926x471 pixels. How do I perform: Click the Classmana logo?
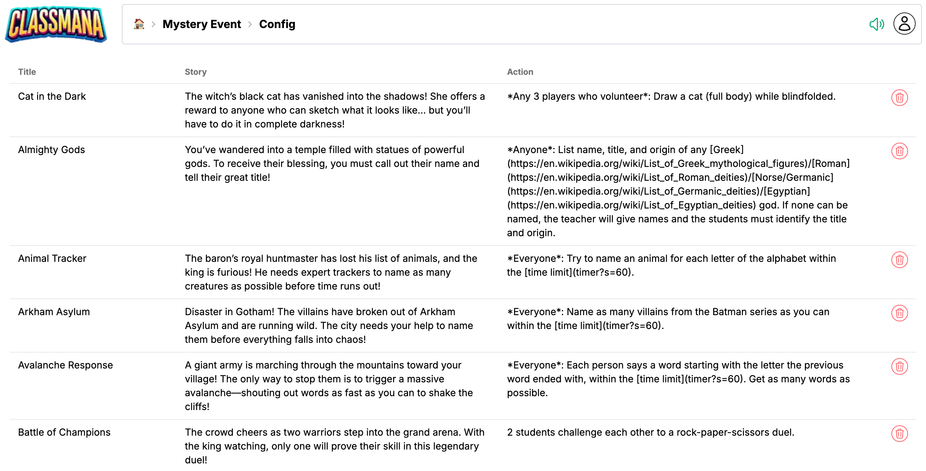tap(56, 25)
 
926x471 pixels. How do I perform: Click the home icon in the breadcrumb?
tap(139, 24)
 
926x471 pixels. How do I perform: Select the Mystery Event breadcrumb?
tap(201, 24)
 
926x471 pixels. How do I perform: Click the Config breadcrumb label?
tap(277, 24)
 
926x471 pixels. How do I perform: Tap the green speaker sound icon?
tap(876, 24)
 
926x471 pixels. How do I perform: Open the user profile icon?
tap(904, 24)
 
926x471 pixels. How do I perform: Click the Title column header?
tap(27, 72)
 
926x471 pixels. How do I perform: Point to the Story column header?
tap(196, 72)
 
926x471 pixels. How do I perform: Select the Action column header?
tap(520, 72)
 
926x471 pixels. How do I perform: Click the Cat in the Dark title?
tap(52, 96)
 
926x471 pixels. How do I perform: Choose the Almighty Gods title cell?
tap(52, 150)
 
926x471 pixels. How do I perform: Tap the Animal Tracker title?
tap(52, 258)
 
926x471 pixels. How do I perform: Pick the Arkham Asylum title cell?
tap(54, 312)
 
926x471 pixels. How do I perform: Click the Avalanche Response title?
tap(65, 365)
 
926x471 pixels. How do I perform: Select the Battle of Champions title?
tap(64, 432)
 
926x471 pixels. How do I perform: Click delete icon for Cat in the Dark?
tap(899, 98)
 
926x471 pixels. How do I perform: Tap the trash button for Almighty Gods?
tap(899, 151)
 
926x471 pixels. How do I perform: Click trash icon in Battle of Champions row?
tap(899, 434)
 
